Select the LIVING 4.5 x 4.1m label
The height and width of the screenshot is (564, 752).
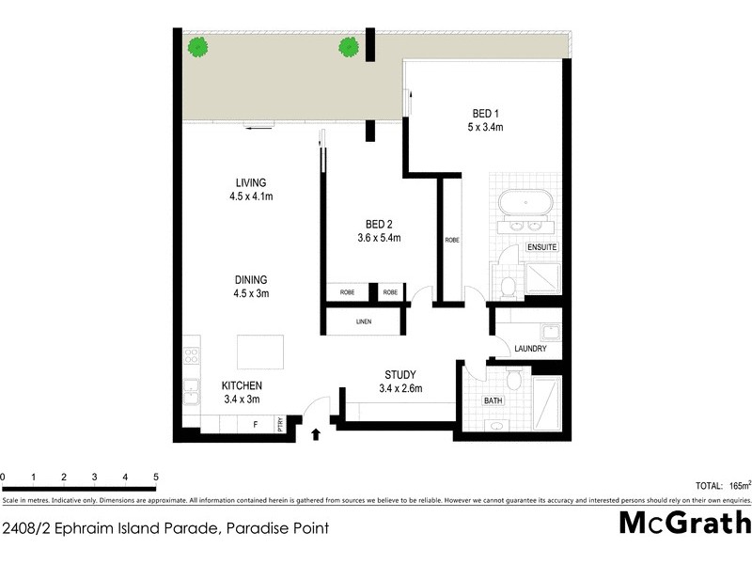click(250, 189)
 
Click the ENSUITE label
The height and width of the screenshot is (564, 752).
click(542, 247)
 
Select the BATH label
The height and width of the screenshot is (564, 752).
click(493, 401)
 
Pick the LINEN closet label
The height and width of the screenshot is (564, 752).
click(364, 322)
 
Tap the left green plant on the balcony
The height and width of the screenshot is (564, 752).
click(197, 45)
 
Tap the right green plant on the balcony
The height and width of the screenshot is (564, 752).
click(349, 45)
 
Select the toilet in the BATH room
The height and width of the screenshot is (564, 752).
click(513, 378)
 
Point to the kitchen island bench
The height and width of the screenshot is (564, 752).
click(260, 352)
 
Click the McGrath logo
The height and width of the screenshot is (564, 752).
click(685, 523)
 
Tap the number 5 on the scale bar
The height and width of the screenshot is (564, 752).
click(155, 478)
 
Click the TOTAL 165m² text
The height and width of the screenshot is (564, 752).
click(722, 486)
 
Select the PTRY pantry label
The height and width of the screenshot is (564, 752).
click(280, 425)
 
